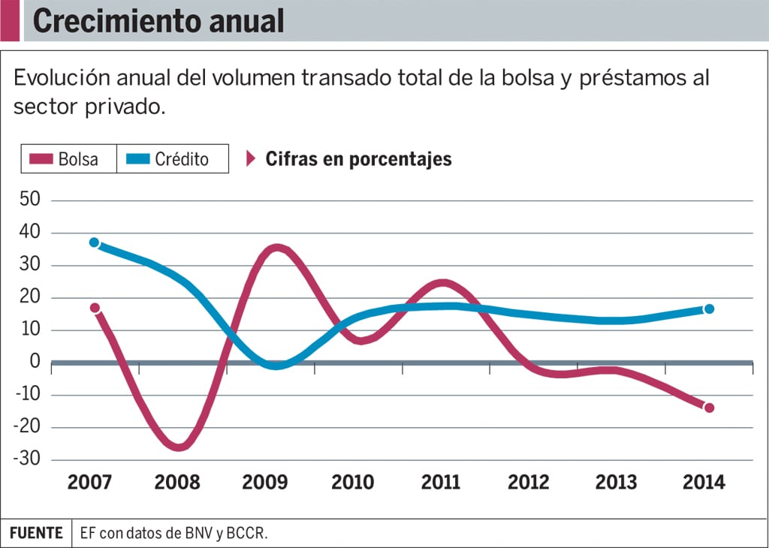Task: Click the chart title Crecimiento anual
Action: point(158,21)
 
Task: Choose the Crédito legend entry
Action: point(172,159)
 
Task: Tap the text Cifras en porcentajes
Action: point(358,159)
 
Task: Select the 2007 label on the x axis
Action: point(90,483)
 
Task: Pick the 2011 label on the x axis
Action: point(441,483)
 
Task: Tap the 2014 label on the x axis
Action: point(704,483)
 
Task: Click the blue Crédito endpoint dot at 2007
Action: point(94,242)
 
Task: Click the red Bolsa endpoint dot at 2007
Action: point(95,308)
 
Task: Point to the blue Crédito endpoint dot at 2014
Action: point(709,309)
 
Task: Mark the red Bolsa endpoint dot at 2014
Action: point(709,408)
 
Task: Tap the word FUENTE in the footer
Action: point(36,533)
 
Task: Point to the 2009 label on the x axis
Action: point(265,483)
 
